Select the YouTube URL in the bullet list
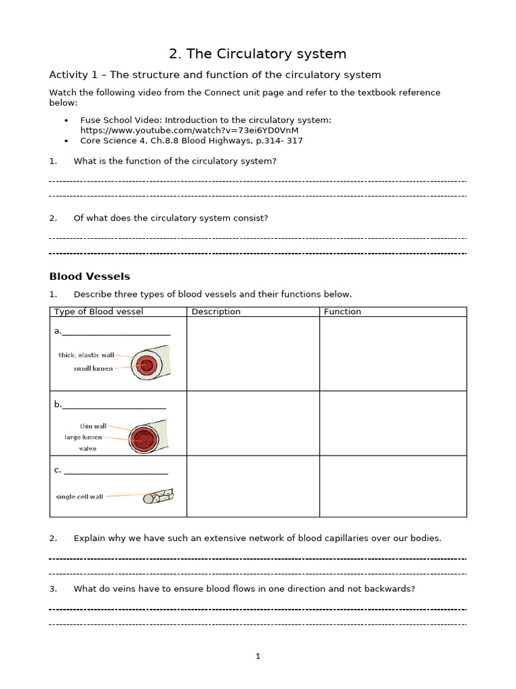point(189,130)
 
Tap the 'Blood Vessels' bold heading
point(89,277)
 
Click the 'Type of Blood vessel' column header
point(98,312)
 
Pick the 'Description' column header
point(216,312)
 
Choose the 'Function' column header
point(342,312)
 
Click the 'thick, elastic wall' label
point(86,355)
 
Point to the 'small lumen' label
point(93,369)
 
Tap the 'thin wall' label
point(93,426)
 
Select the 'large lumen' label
point(83,437)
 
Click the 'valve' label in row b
point(87,449)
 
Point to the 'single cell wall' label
point(79,497)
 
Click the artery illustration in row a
point(149,364)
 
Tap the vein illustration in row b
point(146,438)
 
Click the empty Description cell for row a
point(253,354)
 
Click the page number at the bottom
point(258,657)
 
